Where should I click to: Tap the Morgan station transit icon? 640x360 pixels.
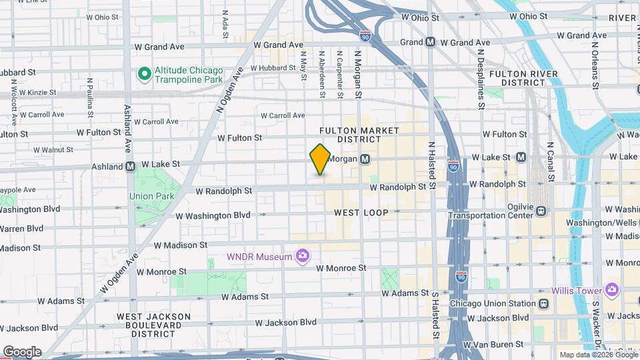365,159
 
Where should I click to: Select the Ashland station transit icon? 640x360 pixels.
131,166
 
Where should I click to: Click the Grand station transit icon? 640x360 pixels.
431,41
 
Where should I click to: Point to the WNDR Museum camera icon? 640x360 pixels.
303,255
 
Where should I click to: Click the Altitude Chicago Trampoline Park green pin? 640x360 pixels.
143,74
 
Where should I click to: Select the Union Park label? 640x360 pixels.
151,196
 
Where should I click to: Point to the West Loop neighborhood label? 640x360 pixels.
361,212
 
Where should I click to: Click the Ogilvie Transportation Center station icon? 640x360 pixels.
541,211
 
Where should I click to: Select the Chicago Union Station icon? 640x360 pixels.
544,303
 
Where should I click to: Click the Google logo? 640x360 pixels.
21,352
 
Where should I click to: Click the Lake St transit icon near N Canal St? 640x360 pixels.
521,157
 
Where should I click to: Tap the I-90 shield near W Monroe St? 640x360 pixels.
461,275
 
